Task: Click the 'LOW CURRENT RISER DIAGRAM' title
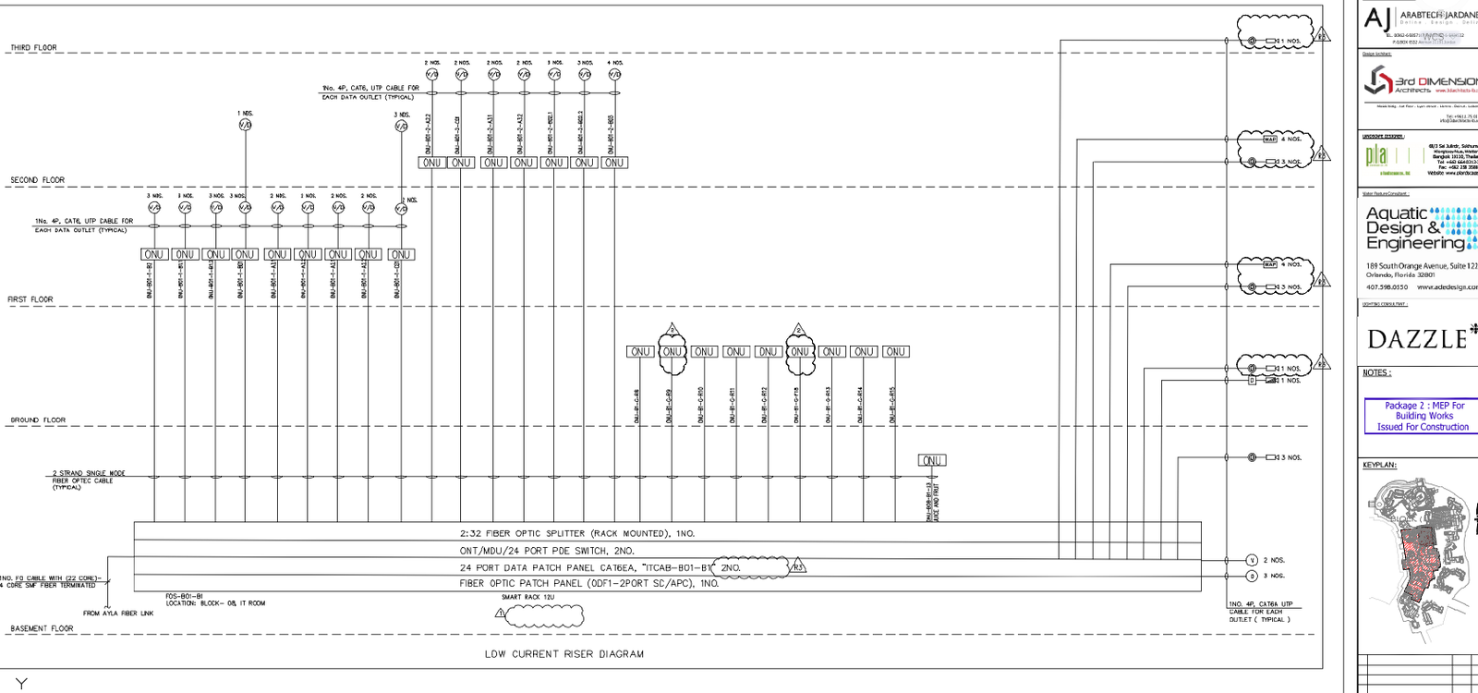pyautogui.click(x=563, y=654)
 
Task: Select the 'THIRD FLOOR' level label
pyautogui.click(x=34, y=47)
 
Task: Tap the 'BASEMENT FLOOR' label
pyautogui.click(x=42, y=628)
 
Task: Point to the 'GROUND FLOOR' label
pyautogui.click(x=38, y=420)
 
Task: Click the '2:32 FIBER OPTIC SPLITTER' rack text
pyautogui.click(x=576, y=533)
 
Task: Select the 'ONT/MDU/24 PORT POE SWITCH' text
pyautogui.click(x=547, y=551)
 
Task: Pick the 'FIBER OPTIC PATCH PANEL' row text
pyautogui.click(x=588, y=583)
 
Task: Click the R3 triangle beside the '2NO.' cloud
pyautogui.click(x=798, y=567)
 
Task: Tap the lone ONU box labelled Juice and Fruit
pyautogui.click(x=931, y=460)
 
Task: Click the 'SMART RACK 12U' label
pyautogui.click(x=527, y=597)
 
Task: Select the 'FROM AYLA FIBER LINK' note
pyautogui.click(x=118, y=614)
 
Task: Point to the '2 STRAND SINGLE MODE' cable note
pyautogui.click(x=88, y=473)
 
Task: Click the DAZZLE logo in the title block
pyautogui.click(x=1420, y=339)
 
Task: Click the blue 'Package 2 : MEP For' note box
pyautogui.click(x=1423, y=416)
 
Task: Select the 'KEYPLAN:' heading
pyautogui.click(x=1379, y=465)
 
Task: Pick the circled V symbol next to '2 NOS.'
pyautogui.click(x=1252, y=560)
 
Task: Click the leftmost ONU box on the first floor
pyautogui.click(x=153, y=254)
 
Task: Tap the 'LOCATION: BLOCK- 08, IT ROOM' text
pyautogui.click(x=215, y=603)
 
